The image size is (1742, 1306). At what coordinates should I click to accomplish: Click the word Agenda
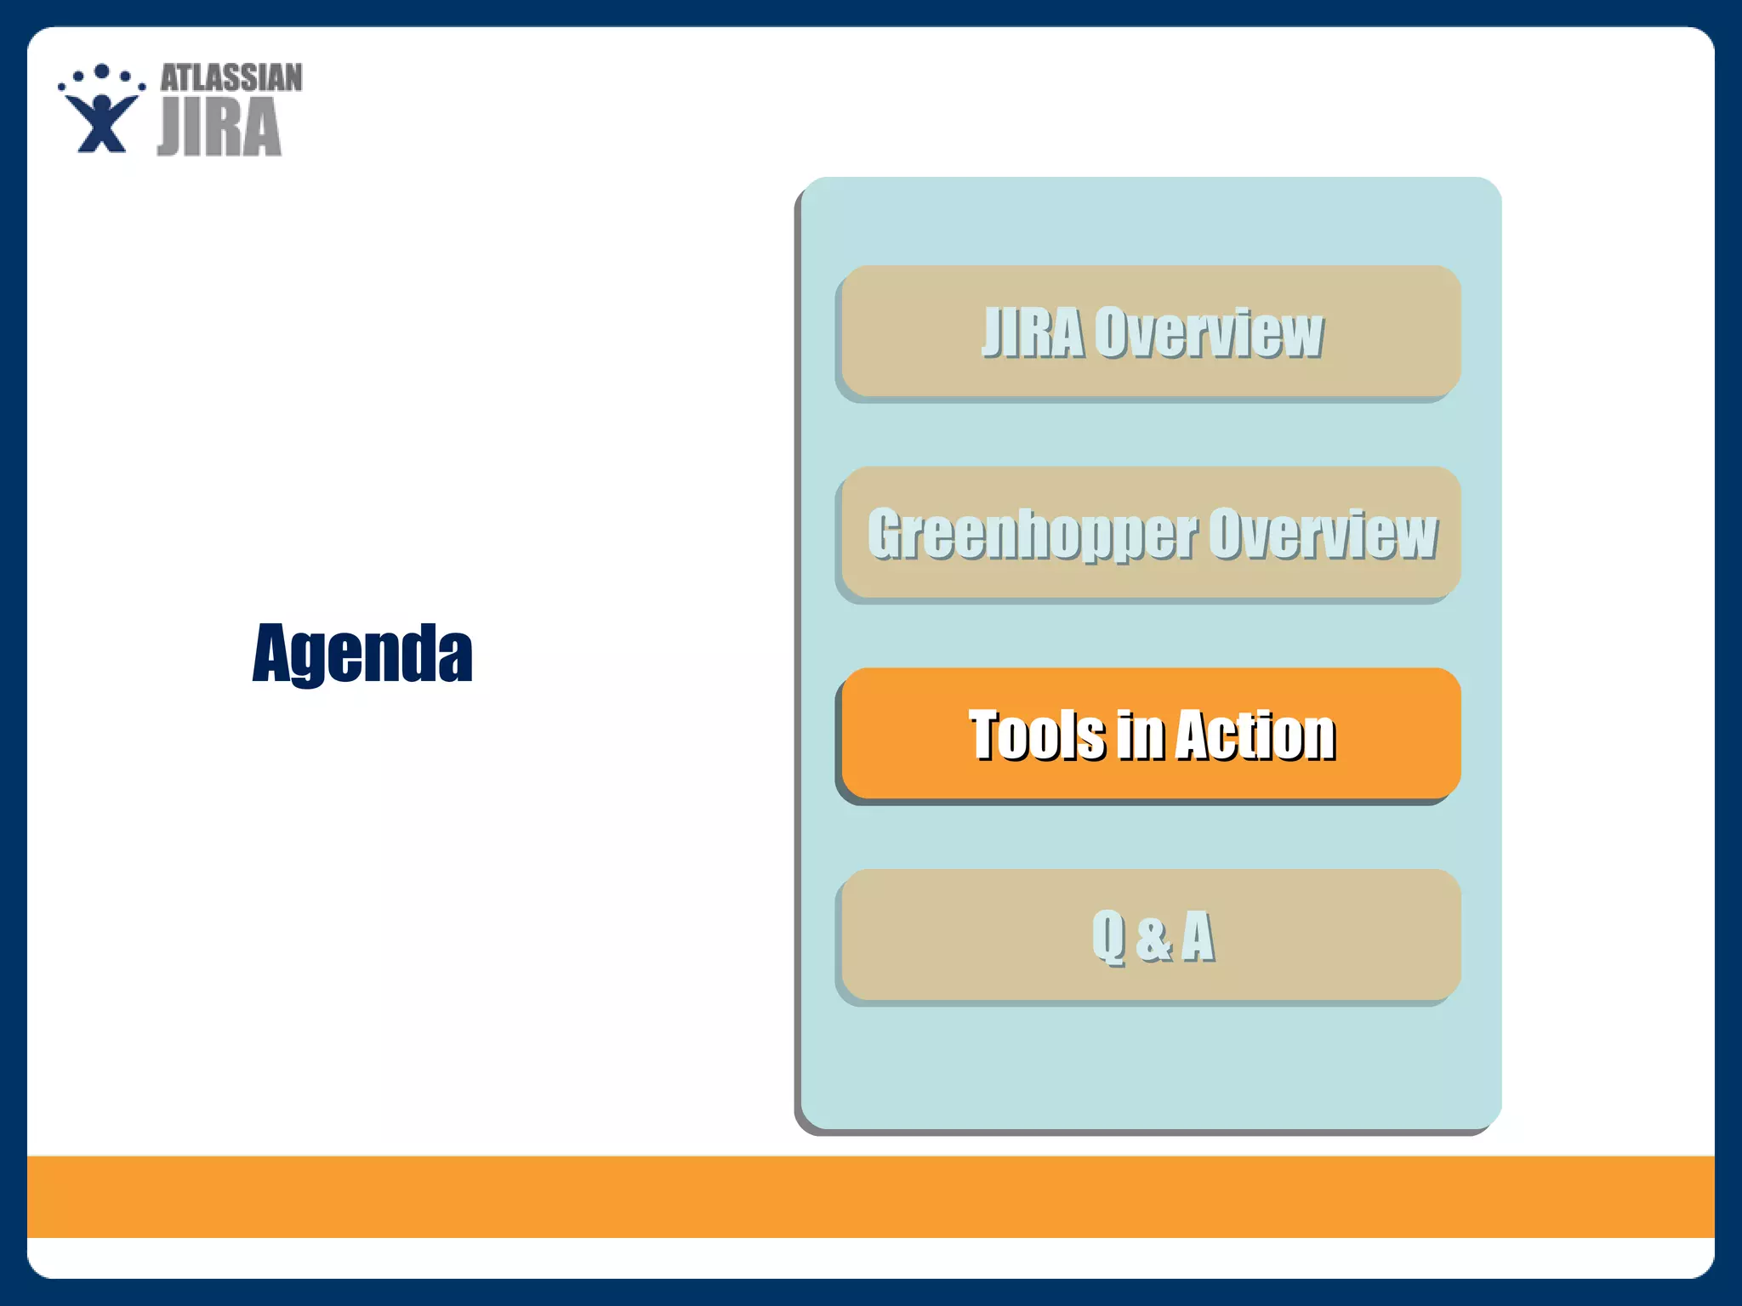tap(362, 652)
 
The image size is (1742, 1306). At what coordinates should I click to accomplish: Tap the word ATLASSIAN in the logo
tap(231, 77)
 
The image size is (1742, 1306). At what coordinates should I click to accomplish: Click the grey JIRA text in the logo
tap(219, 127)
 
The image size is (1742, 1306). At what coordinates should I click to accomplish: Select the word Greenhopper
tap(1032, 534)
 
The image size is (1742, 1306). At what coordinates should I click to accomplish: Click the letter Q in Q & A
tap(1108, 935)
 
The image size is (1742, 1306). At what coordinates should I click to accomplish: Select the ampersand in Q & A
tap(1153, 937)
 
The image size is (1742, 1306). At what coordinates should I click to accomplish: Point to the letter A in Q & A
tap(1198, 935)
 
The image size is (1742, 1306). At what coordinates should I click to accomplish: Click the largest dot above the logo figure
tap(102, 71)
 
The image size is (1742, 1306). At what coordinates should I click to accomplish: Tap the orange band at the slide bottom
tap(871, 1196)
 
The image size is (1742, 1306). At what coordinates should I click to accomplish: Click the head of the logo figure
tap(102, 104)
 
